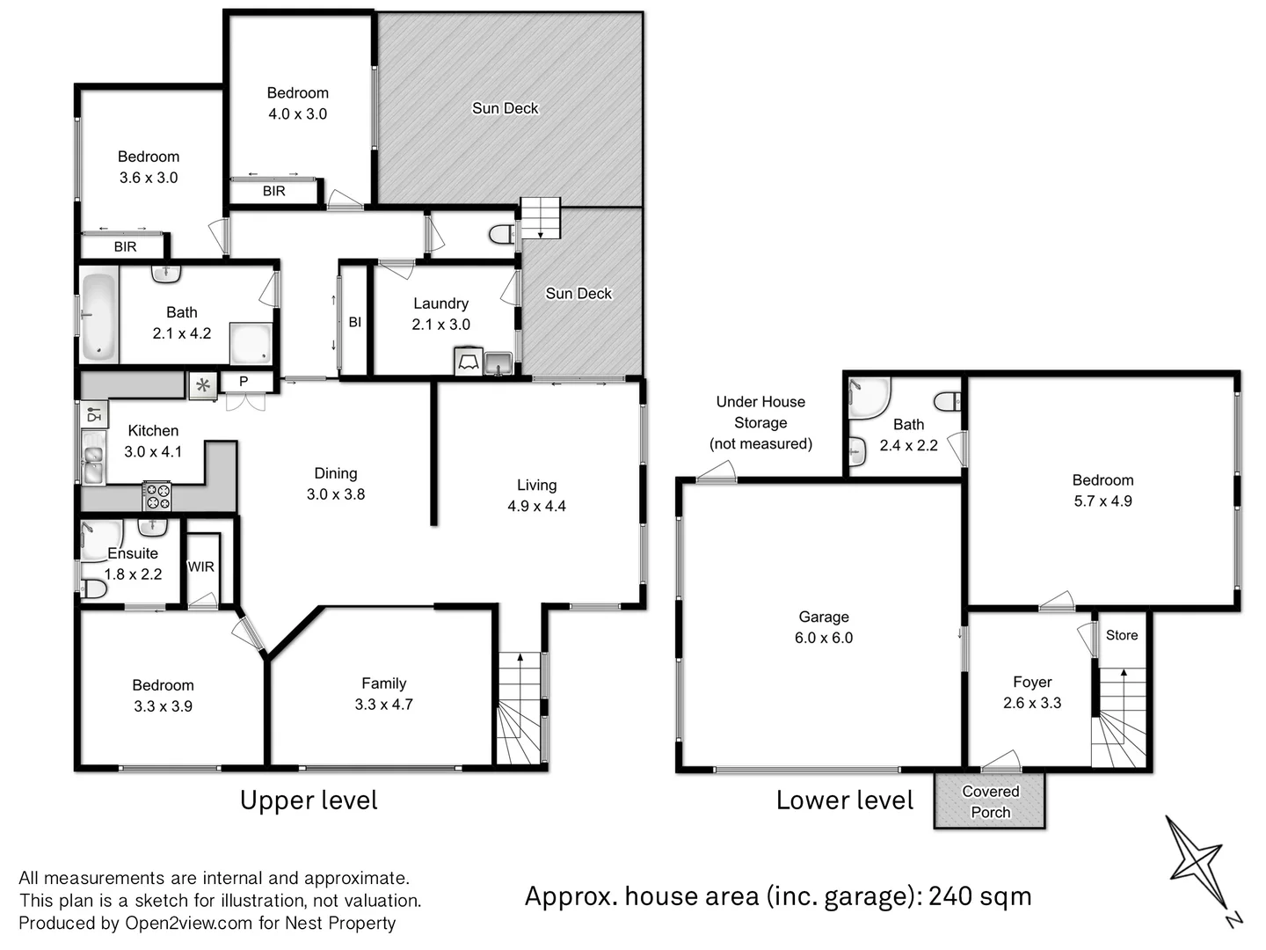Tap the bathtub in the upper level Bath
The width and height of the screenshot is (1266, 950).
(98, 317)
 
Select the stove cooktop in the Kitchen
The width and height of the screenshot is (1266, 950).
(157, 497)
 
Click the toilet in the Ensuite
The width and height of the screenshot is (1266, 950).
(92, 588)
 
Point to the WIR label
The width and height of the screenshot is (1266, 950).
(200, 567)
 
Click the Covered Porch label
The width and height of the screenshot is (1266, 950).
(990, 801)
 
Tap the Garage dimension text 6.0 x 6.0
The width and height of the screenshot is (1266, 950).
(824, 638)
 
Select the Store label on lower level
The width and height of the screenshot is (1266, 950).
(1121, 635)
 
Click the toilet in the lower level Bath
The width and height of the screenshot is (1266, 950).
(947, 402)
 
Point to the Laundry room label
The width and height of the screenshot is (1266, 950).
(440, 303)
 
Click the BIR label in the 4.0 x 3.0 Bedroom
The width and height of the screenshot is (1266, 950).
(273, 191)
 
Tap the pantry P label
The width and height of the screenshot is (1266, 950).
(244, 382)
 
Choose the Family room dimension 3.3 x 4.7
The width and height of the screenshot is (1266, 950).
(383, 705)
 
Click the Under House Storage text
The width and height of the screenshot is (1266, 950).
(760, 422)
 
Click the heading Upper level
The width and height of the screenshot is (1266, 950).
(309, 800)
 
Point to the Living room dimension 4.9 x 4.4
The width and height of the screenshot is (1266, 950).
(536, 506)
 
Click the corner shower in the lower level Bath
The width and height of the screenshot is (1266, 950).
(868, 398)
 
